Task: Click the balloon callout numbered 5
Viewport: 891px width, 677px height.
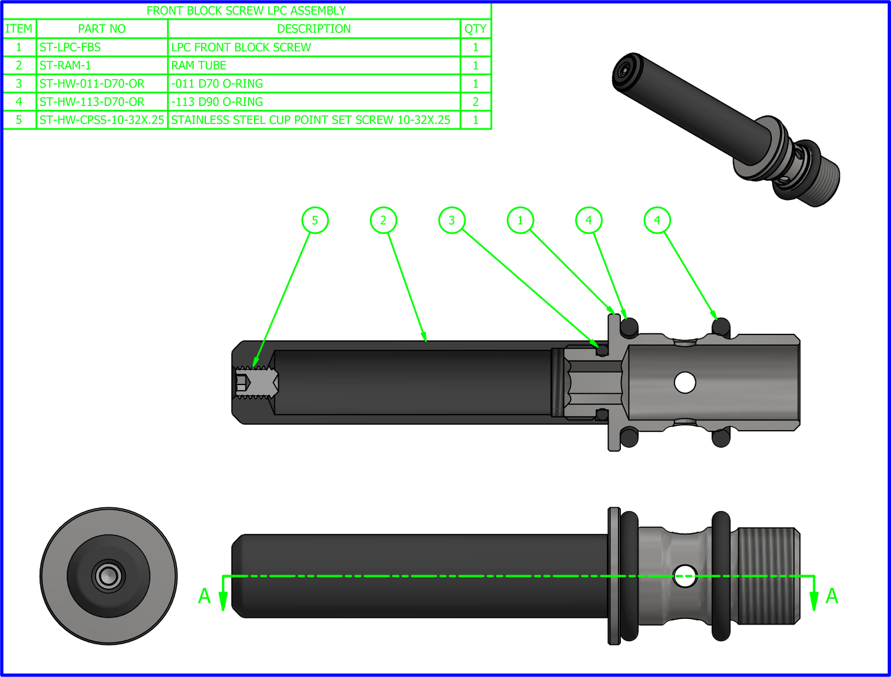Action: [x=315, y=220]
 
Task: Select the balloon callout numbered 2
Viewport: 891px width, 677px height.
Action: [x=384, y=220]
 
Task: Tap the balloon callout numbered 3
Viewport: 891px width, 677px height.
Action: [x=452, y=220]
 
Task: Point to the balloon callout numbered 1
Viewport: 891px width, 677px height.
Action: [x=520, y=220]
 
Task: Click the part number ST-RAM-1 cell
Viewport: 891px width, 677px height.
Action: [x=65, y=65]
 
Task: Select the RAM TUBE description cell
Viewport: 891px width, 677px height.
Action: [x=199, y=65]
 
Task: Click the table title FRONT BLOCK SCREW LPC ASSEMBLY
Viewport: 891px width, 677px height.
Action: [x=246, y=10]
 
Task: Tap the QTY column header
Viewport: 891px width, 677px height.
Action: [x=475, y=28]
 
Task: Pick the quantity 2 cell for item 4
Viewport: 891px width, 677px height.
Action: [x=475, y=102]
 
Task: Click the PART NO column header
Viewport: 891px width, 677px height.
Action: [x=102, y=28]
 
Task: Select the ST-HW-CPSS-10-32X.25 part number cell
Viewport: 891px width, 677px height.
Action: [x=102, y=120]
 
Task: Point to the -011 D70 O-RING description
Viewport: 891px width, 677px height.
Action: [x=217, y=83]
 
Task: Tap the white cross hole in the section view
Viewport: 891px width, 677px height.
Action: [x=685, y=383]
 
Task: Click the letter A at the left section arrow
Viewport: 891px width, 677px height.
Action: [x=205, y=596]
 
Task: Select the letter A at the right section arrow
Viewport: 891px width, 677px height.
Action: [x=832, y=596]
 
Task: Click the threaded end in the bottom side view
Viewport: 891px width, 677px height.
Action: [x=768, y=576]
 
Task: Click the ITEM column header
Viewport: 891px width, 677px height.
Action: [x=19, y=28]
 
